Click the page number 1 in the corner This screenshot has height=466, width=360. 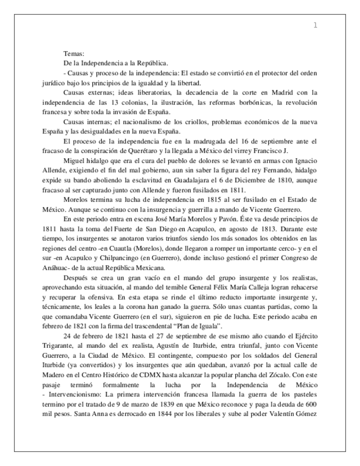[315, 25]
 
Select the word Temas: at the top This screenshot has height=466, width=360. [74, 54]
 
